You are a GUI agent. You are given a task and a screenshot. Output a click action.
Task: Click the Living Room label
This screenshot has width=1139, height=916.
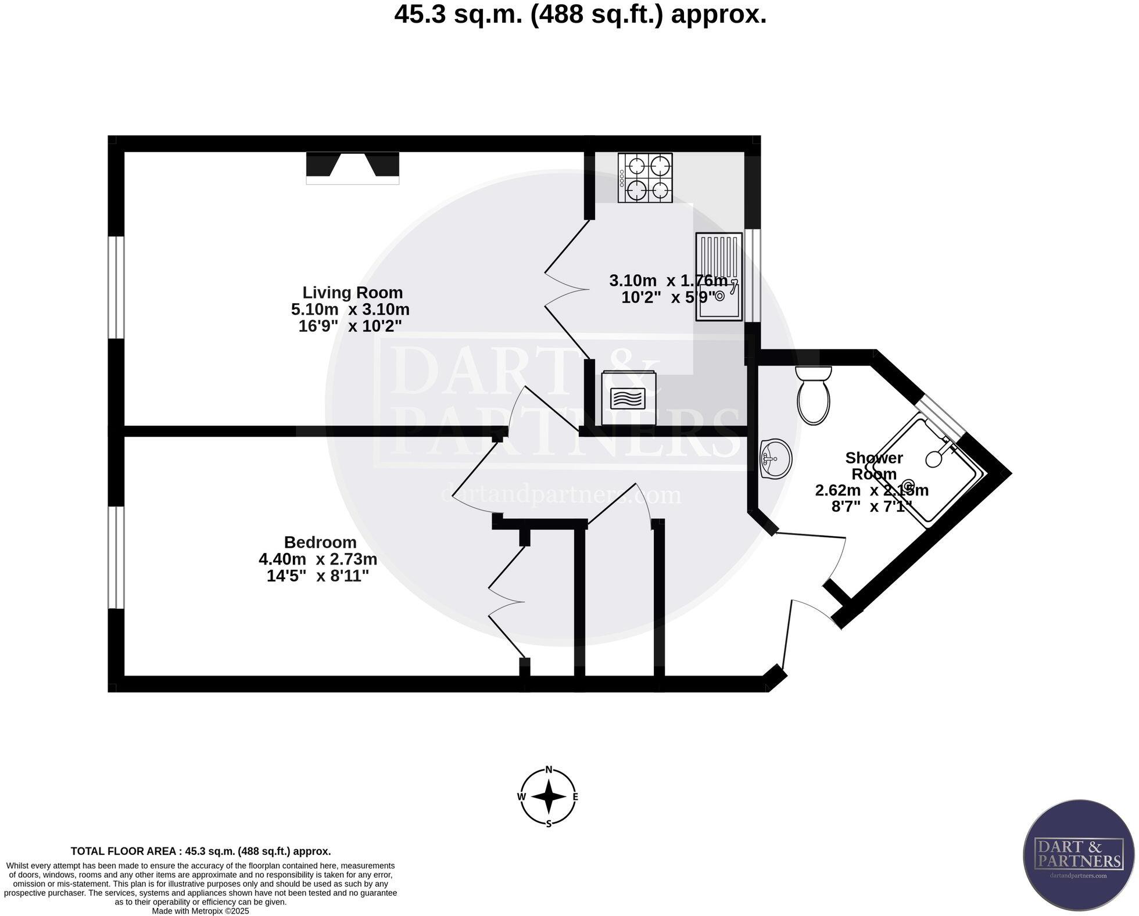[353, 293]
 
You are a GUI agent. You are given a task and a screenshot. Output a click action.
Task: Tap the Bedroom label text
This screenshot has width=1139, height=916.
[320, 543]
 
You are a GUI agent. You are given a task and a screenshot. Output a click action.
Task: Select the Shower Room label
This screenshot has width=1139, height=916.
[874, 466]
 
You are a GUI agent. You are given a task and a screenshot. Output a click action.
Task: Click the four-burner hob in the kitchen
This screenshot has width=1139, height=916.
[646, 178]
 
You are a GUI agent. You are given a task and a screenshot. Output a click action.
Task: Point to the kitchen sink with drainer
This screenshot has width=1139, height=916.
[719, 276]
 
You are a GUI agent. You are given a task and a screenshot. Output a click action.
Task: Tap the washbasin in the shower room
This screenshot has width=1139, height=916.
[775, 459]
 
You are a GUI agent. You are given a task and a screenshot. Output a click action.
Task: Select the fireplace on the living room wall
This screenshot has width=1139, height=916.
[353, 167]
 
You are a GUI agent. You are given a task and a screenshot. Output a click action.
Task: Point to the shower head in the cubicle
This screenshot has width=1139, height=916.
[934, 459]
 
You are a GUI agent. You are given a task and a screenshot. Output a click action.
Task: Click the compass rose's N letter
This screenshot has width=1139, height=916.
[549, 770]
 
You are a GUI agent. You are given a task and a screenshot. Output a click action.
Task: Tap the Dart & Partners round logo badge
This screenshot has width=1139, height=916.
[1079, 861]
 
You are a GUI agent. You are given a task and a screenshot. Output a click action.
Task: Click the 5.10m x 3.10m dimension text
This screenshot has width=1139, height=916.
[350, 310]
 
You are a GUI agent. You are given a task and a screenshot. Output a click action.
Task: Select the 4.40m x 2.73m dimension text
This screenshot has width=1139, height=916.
[318, 559]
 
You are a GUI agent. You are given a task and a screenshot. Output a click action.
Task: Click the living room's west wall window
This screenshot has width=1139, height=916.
[117, 287]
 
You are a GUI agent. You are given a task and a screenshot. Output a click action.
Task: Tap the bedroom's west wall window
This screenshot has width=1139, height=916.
[117, 558]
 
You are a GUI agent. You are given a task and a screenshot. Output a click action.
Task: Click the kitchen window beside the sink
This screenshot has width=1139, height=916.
[753, 275]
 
